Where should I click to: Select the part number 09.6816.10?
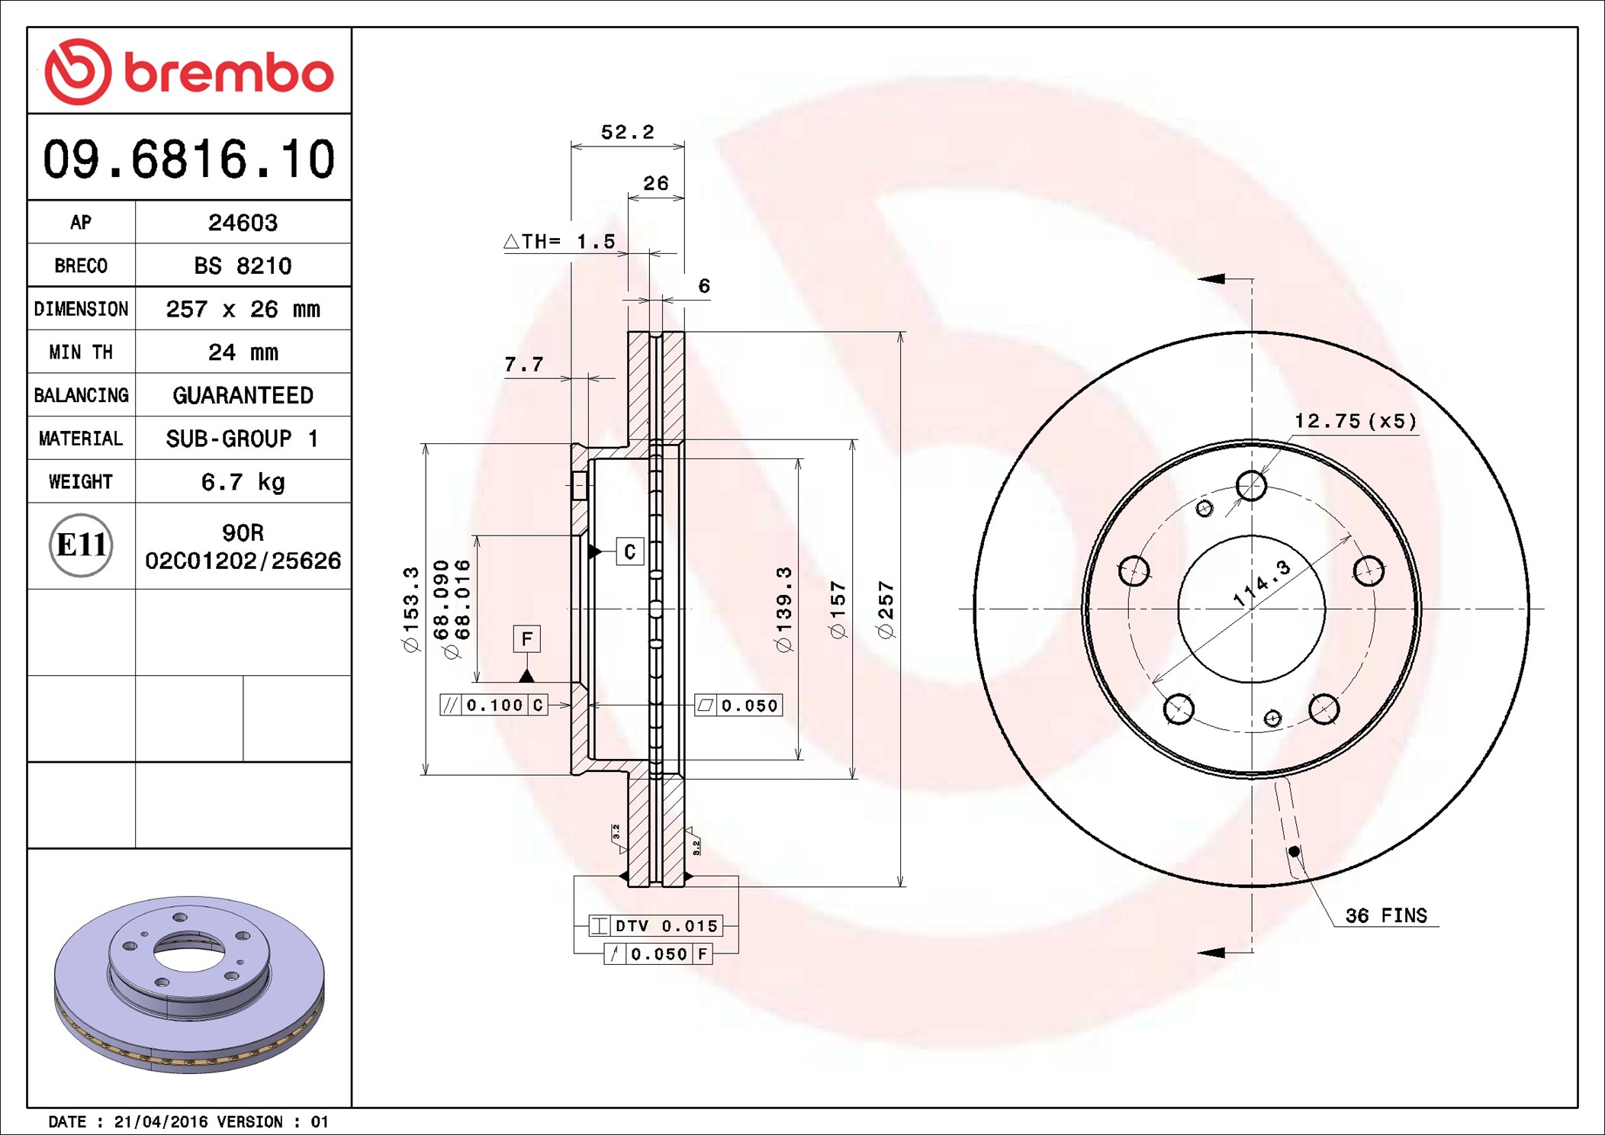(189, 159)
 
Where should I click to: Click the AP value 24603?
(243, 223)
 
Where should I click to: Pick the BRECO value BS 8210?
(243, 265)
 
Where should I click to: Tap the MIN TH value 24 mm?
(243, 352)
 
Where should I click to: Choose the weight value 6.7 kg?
(243, 482)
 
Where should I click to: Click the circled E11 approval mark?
(81, 545)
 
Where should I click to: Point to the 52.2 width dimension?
(628, 132)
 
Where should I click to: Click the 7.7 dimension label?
(524, 365)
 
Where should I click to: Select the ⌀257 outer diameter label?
(886, 609)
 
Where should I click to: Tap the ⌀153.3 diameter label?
(411, 609)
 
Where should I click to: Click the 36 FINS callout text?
(1386, 915)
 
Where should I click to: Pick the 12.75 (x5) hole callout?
(1356, 421)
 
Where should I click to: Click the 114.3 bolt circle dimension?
(1262, 584)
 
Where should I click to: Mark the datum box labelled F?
(527, 638)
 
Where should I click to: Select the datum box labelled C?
(630, 551)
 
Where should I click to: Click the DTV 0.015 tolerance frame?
(655, 926)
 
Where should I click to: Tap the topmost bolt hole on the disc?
(1252, 485)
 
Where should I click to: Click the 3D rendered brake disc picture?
(189, 984)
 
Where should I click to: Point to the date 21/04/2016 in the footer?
(161, 1122)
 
